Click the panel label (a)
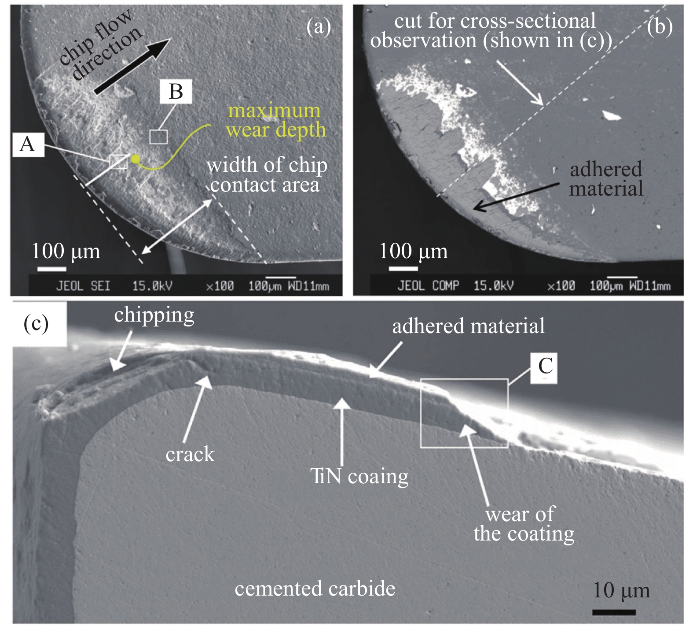click(x=318, y=27)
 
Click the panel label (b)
click(x=660, y=27)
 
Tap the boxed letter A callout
click(x=27, y=144)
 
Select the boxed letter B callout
click(x=176, y=92)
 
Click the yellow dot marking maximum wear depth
click(x=135, y=159)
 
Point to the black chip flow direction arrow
click(x=132, y=66)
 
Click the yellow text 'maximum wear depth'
click(x=276, y=120)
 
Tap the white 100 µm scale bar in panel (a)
click(x=51, y=269)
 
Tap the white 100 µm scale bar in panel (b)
click(x=403, y=268)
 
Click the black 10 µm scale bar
click(x=614, y=612)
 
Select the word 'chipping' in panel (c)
click(x=154, y=315)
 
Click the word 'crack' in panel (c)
click(x=190, y=454)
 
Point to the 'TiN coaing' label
click(x=359, y=476)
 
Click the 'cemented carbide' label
click(x=315, y=589)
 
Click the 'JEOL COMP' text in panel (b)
click(x=428, y=286)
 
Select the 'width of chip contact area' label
click(x=267, y=175)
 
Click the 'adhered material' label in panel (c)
click(x=468, y=326)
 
